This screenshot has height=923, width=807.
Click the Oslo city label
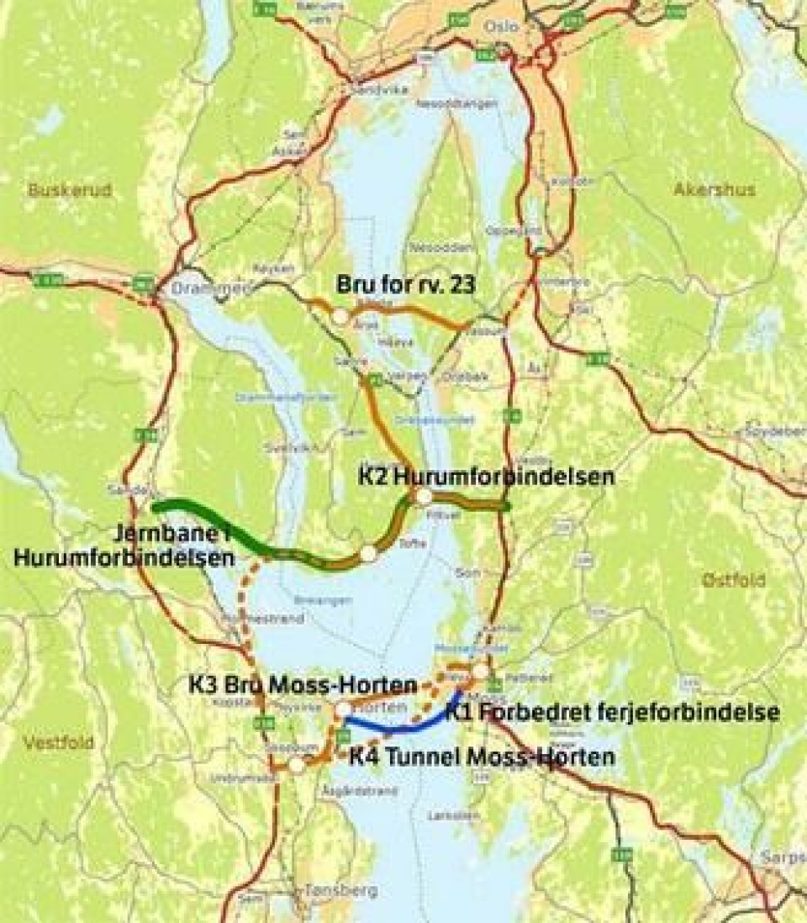[x=501, y=27]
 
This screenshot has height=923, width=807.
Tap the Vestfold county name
[x=58, y=743]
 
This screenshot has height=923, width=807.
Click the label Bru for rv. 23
[x=406, y=285]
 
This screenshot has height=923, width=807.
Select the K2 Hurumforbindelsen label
[x=486, y=476]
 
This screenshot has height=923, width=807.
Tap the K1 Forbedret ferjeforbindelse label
[x=612, y=714]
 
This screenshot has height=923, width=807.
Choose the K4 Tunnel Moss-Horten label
[x=482, y=757]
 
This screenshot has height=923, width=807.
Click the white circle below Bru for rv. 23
[x=340, y=317]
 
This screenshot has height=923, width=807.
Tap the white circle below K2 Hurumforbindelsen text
[x=425, y=497]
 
